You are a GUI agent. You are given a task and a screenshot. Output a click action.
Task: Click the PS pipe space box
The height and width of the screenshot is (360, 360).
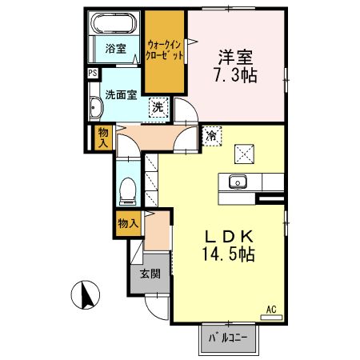(x=94, y=73)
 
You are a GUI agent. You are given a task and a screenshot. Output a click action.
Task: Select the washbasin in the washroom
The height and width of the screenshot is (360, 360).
(x=97, y=108)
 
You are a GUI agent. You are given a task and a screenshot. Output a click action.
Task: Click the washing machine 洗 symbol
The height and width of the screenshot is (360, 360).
(x=158, y=107)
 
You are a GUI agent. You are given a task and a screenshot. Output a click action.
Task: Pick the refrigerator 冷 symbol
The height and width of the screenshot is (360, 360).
(x=211, y=136)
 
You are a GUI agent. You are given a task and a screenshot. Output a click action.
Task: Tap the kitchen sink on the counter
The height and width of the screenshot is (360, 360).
(x=238, y=182)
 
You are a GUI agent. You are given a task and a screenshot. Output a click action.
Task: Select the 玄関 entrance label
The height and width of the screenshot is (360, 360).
(x=150, y=274)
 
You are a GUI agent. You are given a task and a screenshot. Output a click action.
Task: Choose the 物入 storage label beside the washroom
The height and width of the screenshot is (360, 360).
(x=102, y=137)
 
